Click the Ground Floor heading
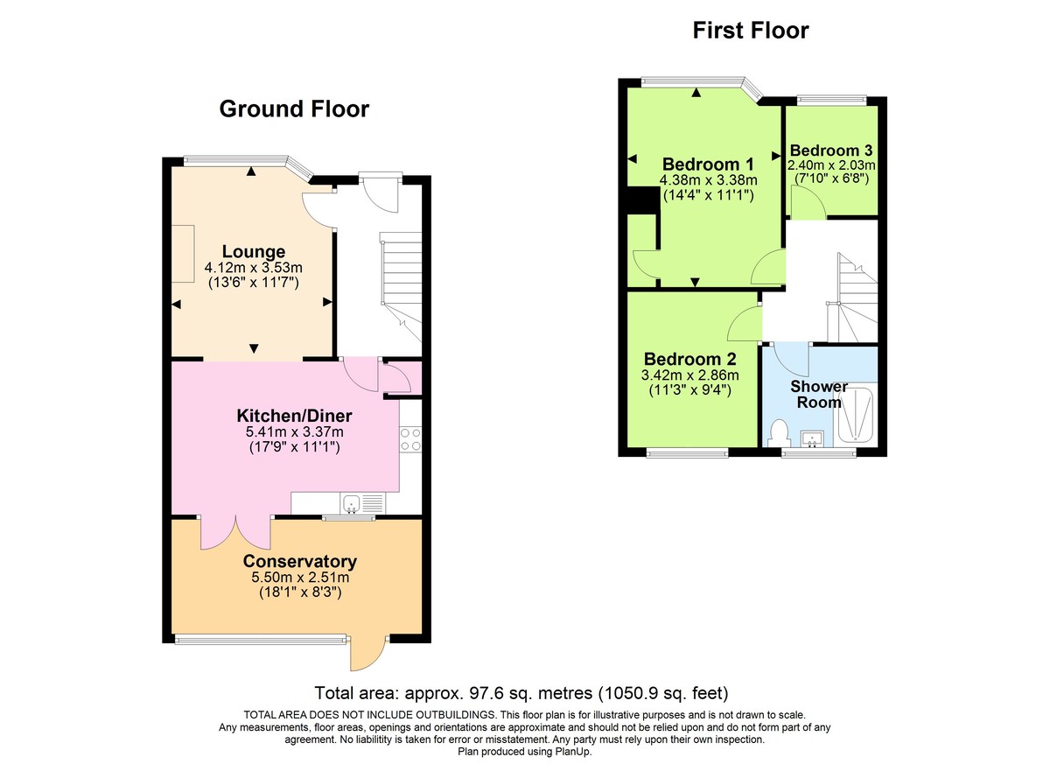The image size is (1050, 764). point(293,109)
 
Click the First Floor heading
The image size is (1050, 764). point(750,31)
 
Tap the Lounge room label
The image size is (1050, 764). point(253,252)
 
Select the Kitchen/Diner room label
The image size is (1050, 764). point(295,415)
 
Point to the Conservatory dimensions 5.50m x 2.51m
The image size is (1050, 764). point(300,578)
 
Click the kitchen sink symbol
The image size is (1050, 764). point(361,503)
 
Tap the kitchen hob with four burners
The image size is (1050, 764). point(410,440)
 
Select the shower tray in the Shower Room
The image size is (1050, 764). point(857,415)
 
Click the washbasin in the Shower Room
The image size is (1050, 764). point(814,438)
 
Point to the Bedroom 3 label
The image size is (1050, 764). point(831,150)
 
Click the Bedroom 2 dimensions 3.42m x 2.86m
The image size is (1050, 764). point(690,375)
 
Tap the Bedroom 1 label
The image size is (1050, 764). point(708,165)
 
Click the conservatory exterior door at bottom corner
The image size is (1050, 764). point(368,652)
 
